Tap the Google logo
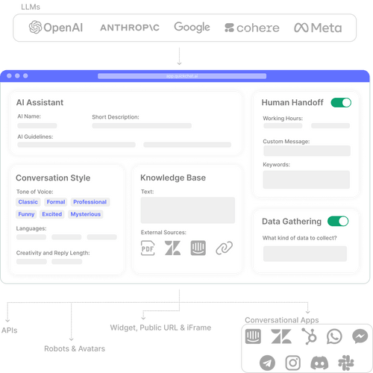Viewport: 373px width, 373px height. click(192, 27)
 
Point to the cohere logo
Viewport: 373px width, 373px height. click(252, 28)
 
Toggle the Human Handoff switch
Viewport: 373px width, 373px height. click(341, 102)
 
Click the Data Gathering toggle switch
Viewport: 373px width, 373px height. click(338, 221)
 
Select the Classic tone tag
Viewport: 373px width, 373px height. click(28, 202)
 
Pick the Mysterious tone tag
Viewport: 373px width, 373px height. click(85, 214)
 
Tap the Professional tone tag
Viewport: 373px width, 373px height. click(90, 202)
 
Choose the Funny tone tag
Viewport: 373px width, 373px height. click(27, 214)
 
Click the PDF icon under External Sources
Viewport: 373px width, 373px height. click(150, 249)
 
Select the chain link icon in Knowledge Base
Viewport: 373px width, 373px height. click(224, 249)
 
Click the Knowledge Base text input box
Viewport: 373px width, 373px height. click(187, 210)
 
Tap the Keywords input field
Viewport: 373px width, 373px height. click(306, 179)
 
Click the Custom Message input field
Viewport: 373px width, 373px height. click(306, 151)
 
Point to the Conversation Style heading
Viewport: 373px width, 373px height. click(53, 178)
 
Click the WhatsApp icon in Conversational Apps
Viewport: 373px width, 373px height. click(334, 336)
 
